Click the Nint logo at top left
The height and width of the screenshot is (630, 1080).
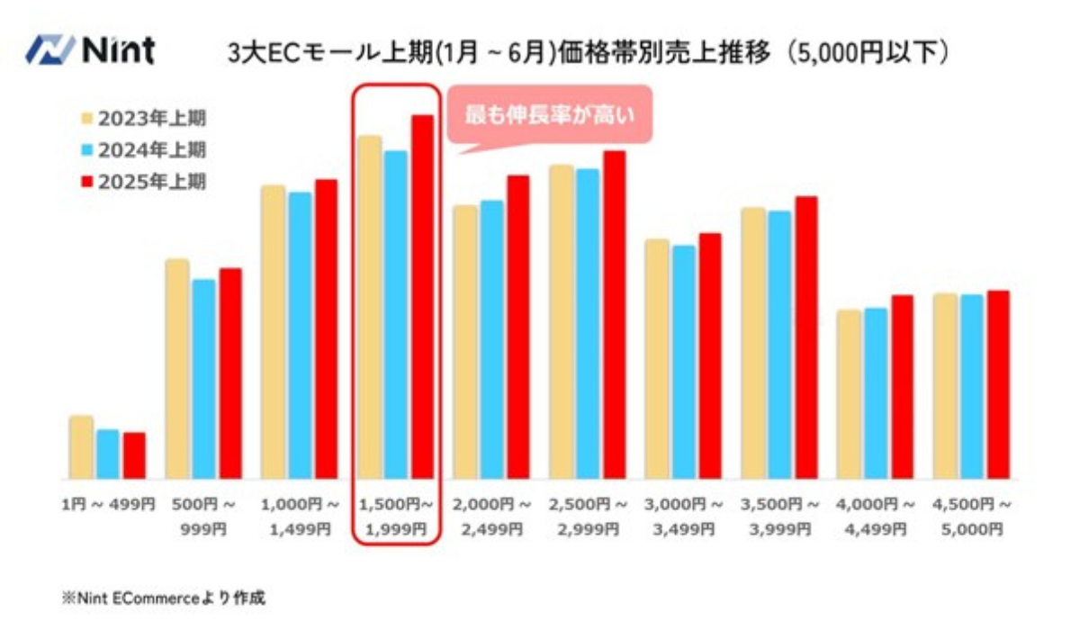click(90, 50)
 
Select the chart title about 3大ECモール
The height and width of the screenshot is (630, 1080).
click(589, 52)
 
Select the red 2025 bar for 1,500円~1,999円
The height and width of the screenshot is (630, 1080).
click(422, 297)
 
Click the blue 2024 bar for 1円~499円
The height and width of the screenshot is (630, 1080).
click(108, 454)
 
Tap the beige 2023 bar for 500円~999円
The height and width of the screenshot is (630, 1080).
click(177, 369)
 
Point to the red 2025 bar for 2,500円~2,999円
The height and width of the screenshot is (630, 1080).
click(615, 315)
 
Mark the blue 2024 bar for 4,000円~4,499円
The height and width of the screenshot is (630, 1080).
click(876, 393)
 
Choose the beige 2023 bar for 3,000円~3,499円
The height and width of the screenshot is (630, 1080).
click(657, 359)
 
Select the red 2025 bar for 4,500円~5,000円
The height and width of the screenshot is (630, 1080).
click(998, 384)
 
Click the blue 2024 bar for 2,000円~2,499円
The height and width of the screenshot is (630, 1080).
click(491, 339)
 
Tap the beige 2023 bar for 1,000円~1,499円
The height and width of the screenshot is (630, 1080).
click(273, 332)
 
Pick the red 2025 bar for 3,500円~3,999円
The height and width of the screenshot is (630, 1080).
click(806, 337)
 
